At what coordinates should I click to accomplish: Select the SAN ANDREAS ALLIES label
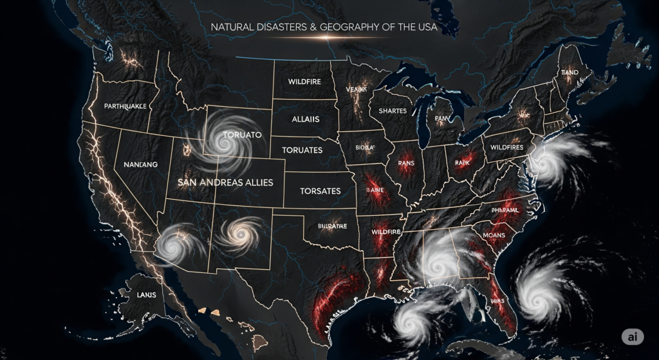(225, 182)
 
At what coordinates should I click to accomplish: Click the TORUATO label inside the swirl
(242, 136)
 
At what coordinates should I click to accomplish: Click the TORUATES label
(302, 150)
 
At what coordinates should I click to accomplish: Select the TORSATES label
(320, 191)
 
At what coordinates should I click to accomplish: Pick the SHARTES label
(393, 111)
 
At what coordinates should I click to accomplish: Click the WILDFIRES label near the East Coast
(507, 147)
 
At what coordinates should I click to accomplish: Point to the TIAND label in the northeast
(569, 73)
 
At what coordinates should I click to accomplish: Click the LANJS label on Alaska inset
(147, 295)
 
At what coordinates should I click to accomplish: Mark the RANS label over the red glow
(406, 162)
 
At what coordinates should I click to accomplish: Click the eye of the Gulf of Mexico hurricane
(410, 320)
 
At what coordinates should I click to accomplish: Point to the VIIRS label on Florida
(497, 300)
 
